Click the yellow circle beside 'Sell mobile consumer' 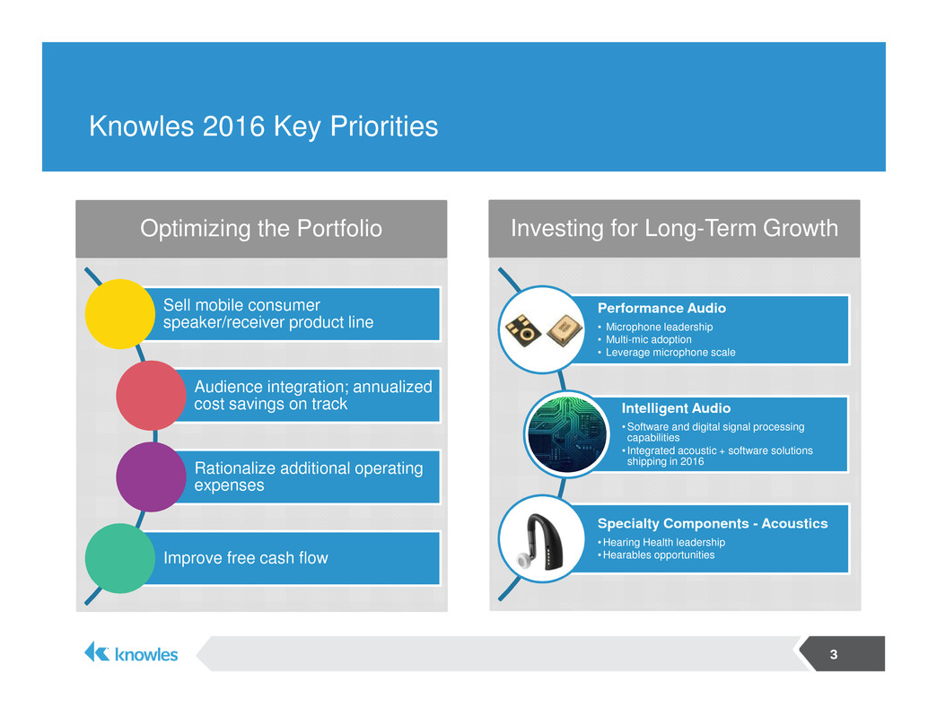pos(120,314)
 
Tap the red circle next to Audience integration pos(151,395)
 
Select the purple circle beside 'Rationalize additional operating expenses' pos(151,477)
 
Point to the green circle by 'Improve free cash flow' pos(120,558)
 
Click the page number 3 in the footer pos(833,654)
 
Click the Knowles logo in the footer pos(131,653)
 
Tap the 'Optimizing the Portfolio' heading pos(261,228)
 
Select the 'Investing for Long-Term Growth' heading pos(674,228)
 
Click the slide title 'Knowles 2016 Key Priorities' pos(263,126)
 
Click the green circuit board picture pos(567,434)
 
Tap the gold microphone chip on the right pos(565,329)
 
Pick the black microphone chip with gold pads pos(523,330)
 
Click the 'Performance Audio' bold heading pos(661,308)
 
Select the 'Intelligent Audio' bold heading pos(676,408)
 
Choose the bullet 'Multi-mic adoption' pos(648,339)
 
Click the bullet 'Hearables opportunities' pos(656,555)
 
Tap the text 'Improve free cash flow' pos(246,558)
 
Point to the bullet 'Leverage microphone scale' pos(667,353)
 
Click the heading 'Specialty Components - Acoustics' pos(713,523)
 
